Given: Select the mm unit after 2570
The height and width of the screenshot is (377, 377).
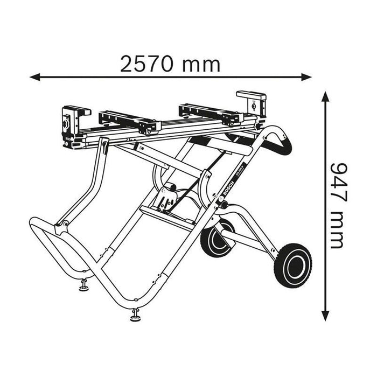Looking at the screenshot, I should [x=200, y=64].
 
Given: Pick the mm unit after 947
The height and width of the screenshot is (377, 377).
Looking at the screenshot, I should [x=336, y=230].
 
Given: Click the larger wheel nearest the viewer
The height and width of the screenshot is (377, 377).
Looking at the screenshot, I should [x=293, y=264].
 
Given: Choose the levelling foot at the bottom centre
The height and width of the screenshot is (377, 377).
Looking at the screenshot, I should [x=135, y=316].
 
